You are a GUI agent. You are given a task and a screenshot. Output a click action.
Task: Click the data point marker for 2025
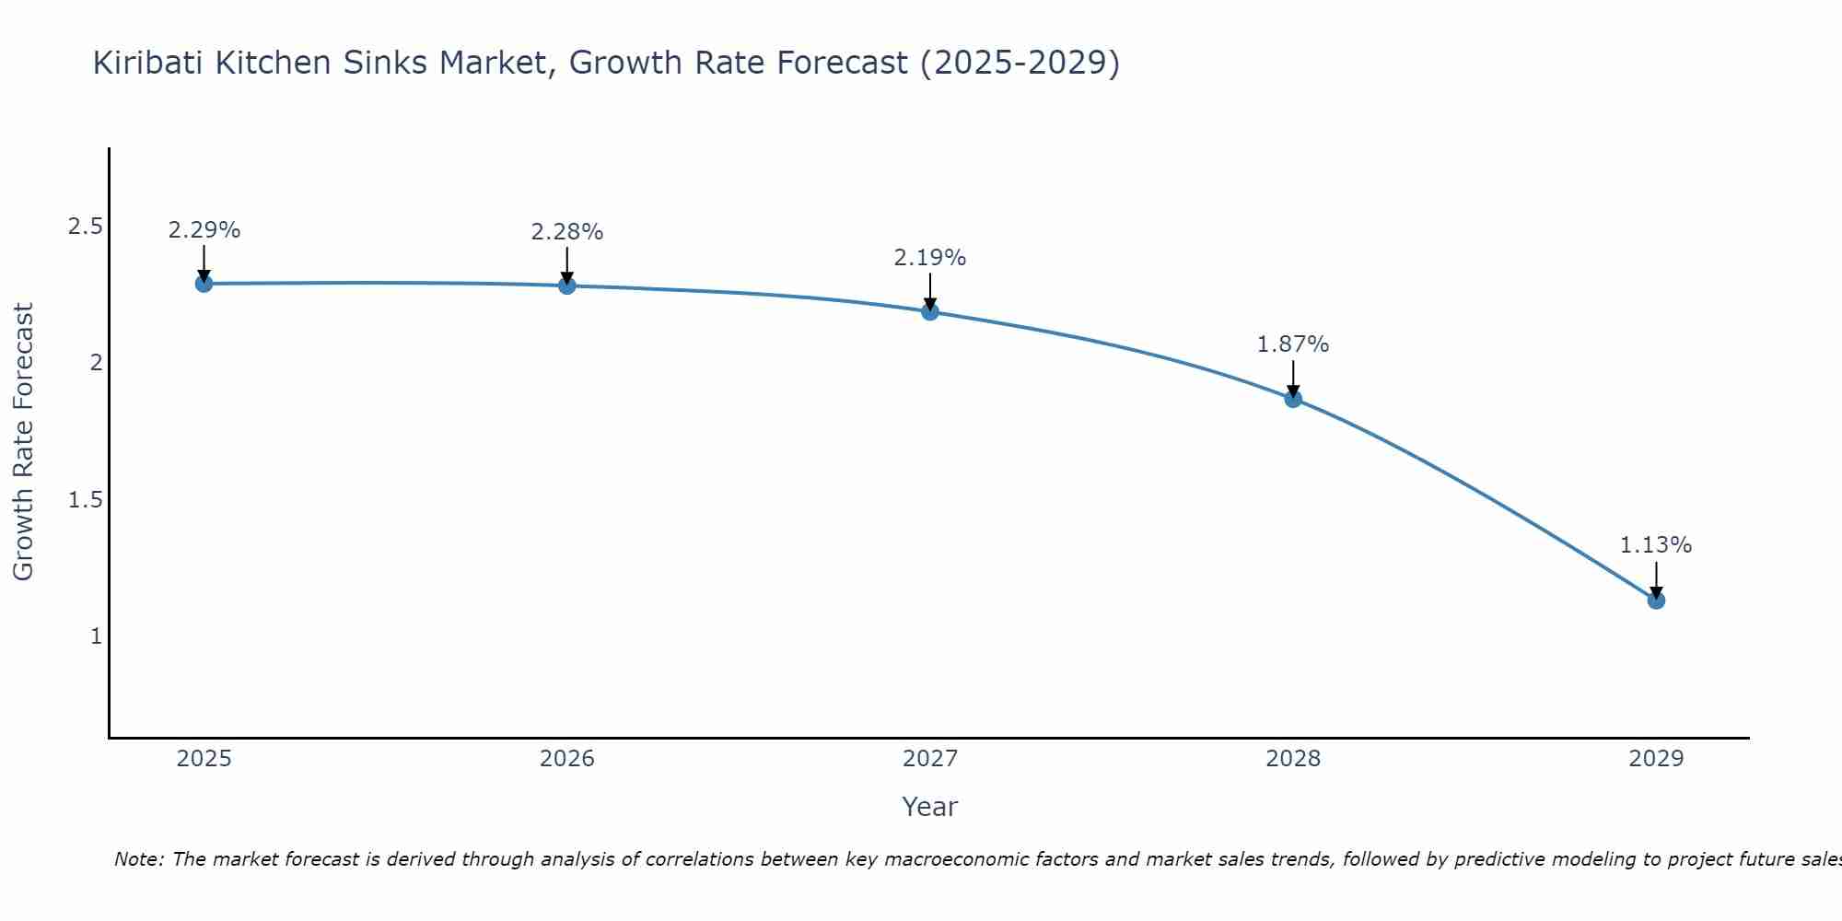click(204, 284)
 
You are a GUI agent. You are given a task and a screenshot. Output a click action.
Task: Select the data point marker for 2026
click(567, 286)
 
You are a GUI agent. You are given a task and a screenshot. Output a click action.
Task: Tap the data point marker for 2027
click(930, 311)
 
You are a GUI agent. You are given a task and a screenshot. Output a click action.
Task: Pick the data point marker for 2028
click(1293, 399)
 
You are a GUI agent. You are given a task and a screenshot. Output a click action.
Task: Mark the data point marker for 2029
click(1656, 600)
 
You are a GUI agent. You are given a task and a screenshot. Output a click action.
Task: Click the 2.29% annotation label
click(204, 230)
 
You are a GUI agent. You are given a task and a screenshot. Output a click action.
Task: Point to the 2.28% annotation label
click(567, 232)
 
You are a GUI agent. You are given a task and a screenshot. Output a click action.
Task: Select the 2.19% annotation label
click(930, 258)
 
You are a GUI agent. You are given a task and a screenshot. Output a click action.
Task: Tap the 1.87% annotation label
click(1293, 344)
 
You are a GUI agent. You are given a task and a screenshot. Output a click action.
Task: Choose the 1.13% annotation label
click(1656, 545)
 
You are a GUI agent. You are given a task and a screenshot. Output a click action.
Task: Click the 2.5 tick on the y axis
click(85, 227)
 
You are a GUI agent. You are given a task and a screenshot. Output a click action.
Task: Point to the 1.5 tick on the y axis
click(85, 500)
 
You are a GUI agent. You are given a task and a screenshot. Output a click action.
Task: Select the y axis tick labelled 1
click(96, 636)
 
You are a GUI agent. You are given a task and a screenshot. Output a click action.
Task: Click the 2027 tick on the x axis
click(930, 759)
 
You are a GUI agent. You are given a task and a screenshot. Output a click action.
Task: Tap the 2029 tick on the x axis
click(1656, 759)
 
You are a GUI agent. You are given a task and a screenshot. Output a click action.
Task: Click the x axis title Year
click(930, 807)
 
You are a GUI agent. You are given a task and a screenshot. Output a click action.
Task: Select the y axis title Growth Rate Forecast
click(23, 442)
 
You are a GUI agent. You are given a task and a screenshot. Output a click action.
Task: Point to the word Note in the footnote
click(138, 859)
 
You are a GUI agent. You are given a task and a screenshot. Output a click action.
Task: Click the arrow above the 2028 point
click(1293, 378)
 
